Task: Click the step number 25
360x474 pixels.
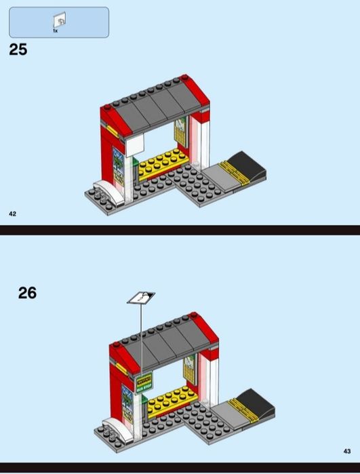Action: pyautogui.click(x=18, y=50)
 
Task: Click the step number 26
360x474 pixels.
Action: pyautogui.click(x=27, y=293)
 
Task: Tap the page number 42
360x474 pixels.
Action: pyautogui.click(x=12, y=214)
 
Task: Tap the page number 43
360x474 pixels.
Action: pyautogui.click(x=346, y=451)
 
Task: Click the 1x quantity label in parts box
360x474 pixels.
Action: pyautogui.click(x=56, y=31)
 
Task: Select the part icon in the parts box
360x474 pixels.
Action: pyautogui.click(x=59, y=20)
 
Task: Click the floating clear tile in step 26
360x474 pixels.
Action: pyautogui.click(x=141, y=296)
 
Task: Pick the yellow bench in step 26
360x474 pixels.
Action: pyautogui.click(x=169, y=401)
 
